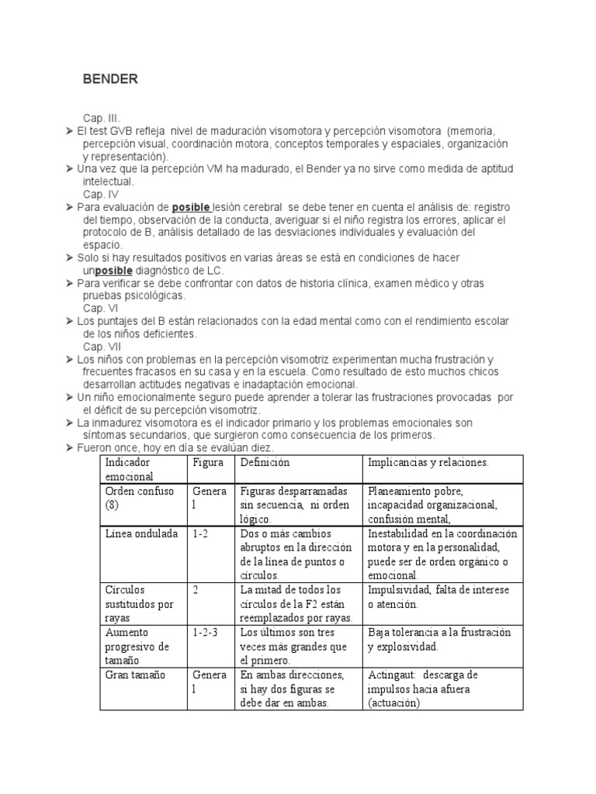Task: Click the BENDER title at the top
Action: coord(111,79)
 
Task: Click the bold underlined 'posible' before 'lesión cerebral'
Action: coord(191,207)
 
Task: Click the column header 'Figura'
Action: coord(208,462)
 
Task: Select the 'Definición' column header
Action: coord(265,462)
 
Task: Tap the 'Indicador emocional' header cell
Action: coord(130,469)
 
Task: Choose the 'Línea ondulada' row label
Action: coord(141,533)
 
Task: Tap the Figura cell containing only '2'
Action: coord(196,590)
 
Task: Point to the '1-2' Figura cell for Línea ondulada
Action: coord(201,533)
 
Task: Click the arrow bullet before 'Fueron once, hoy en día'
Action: coord(69,448)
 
